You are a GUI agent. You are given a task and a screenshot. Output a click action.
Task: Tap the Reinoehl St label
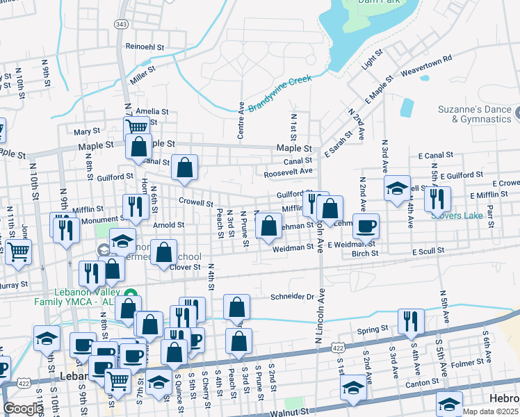pyautogui.click(x=145, y=47)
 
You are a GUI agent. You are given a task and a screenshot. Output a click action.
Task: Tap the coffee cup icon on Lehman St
pyautogui.click(x=366, y=225)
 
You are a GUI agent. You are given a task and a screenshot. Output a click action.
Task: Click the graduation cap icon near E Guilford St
pyautogui.click(x=397, y=188)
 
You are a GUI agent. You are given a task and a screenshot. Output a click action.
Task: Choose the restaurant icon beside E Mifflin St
pyautogui.click(x=437, y=198)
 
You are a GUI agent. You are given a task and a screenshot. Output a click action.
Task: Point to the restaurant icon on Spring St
pyautogui.click(x=411, y=321)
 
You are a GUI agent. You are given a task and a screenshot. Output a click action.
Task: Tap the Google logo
pyautogui.click(x=23, y=409)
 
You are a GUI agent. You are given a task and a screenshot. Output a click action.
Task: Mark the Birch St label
pyautogui.click(x=365, y=254)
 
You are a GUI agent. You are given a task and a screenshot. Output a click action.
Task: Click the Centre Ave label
pyautogui.click(x=241, y=122)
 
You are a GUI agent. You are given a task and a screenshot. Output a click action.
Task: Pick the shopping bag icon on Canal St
pyautogui.click(x=184, y=167)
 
